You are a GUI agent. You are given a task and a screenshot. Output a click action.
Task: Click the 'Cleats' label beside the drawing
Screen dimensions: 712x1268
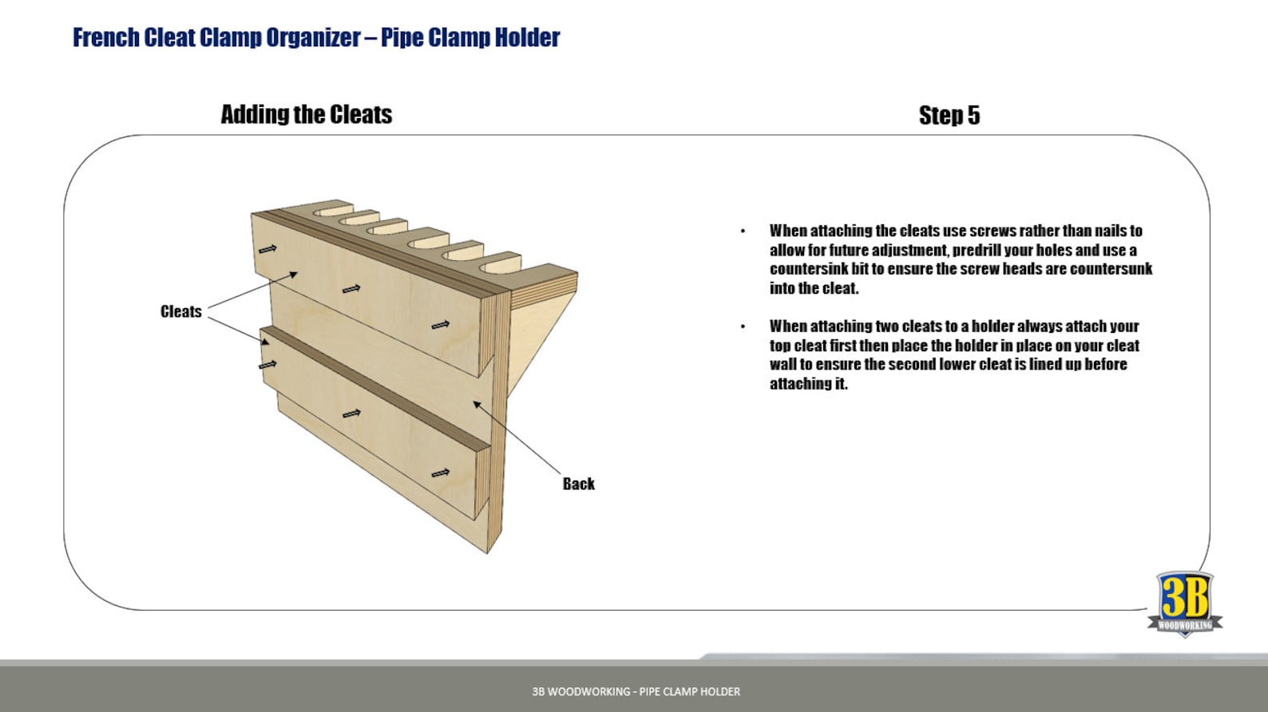point(180,311)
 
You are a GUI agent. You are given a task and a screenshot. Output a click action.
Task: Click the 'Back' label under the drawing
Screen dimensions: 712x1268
point(578,484)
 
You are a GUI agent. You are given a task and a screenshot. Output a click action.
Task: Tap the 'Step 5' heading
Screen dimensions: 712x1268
point(949,115)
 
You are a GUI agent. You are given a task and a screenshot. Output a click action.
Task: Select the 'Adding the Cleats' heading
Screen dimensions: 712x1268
point(306,114)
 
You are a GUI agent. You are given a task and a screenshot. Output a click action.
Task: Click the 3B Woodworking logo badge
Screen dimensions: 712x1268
point(1184,603)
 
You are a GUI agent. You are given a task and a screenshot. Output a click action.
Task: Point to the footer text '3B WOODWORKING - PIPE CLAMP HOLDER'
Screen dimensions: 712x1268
point(636,691)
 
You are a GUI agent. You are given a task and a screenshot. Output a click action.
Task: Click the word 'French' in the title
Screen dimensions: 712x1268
point(106,38)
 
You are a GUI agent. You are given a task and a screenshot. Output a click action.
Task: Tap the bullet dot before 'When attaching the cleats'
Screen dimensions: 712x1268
point(743,231)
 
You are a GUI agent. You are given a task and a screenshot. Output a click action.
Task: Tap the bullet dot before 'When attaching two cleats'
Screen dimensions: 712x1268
point(743,326)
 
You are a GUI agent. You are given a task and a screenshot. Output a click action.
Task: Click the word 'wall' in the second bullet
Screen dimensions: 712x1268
point(783,364)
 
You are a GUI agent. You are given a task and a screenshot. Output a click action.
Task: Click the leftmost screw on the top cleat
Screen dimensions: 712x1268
point(267,249)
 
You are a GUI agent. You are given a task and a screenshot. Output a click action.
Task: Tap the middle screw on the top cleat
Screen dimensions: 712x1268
point(351,288)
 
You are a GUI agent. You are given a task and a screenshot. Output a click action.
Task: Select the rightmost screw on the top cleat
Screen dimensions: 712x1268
point(440,325)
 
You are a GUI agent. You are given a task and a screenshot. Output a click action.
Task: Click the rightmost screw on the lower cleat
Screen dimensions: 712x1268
point(440,473)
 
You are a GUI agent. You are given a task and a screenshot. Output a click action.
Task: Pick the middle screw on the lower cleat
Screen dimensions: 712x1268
point(351,413)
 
